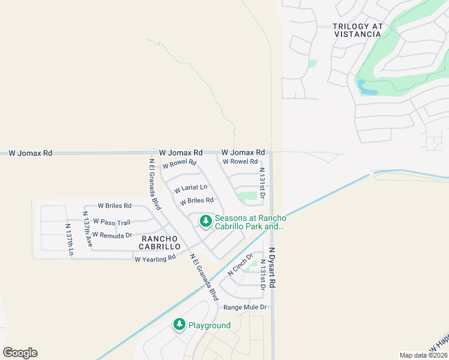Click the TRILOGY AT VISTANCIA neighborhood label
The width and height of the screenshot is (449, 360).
(x=357, y=30)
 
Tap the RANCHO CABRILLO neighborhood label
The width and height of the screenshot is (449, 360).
(x=160, y=242)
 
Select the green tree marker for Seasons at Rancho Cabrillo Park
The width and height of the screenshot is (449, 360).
(x=206, y=221)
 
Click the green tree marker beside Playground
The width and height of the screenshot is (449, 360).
(x=179, y=325)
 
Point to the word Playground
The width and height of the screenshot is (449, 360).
(x=209, y=325)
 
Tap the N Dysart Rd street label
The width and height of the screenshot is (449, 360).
(x=272, y=268)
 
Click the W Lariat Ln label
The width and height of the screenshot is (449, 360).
(x=190, y=189)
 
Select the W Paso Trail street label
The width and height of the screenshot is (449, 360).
(x=111, y=223)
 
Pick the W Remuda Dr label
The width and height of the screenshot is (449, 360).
(x=112, y=235)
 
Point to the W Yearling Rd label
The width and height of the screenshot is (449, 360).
(x=155, y=259)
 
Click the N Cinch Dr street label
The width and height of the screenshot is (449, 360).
(x=241, y=265)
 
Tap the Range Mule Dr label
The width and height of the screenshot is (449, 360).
(x=245, y=307)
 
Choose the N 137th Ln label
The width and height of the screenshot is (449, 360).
(x=69, y=240)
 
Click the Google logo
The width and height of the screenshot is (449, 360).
(x=20, y=353)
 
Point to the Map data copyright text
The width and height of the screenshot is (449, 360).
(x=424, y=355)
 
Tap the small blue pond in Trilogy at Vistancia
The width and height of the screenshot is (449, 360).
(x=367, y=89)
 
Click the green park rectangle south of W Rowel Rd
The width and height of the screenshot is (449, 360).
(x=247, y=196)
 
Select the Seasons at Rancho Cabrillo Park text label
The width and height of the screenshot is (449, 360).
(x=249, y=222)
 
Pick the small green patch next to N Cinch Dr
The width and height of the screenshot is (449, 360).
(x=253, y=262)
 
